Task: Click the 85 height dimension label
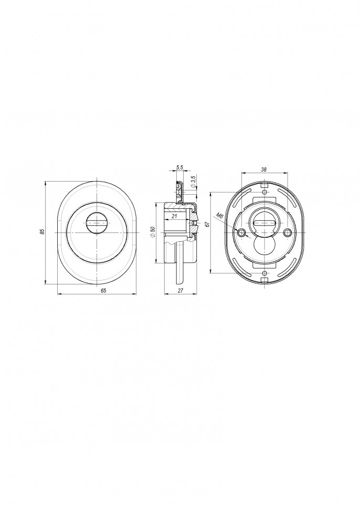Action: click(41, 232)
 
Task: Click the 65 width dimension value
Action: click(103, 291)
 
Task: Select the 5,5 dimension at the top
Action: click(179, 167)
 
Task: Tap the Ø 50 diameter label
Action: click(153, 233)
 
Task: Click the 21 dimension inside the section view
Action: click(174, 216)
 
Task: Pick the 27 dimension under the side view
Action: click(181, 291)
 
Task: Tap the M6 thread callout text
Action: click(220, 215)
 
